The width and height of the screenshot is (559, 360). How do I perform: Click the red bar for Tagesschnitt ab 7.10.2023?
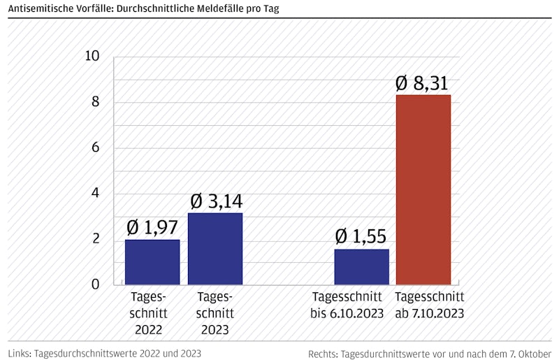(423, 189)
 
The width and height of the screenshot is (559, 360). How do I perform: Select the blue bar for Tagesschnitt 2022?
(152, 262)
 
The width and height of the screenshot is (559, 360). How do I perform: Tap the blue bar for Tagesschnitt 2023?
(215, 249)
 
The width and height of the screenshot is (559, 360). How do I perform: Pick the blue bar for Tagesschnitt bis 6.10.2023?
(361, 267)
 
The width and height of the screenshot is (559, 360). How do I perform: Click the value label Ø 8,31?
(423, 84)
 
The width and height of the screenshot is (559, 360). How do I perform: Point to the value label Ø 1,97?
(152, 228)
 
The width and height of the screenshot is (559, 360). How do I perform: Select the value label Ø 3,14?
(216, 201)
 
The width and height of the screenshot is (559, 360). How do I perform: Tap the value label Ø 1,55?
(361, 237)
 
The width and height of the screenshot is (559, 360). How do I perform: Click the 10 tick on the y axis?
(92, 57)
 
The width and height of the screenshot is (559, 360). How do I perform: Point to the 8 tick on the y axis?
(96, 102)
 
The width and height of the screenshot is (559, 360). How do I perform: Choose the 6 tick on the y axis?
(96, 148)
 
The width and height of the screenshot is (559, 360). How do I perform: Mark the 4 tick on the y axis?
(96, 194)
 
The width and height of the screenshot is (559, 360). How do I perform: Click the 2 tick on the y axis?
(96, 240)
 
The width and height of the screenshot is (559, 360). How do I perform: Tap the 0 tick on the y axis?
(96, 285)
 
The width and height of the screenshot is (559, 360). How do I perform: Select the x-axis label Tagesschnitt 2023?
(215, 313)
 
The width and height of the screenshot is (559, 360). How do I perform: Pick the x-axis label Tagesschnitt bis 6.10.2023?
(347, 305)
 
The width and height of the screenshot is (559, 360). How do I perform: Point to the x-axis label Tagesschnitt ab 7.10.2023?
(429, 305)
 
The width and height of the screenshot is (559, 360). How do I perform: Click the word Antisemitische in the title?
(41, 9)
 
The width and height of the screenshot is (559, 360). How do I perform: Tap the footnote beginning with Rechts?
(429, 354)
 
